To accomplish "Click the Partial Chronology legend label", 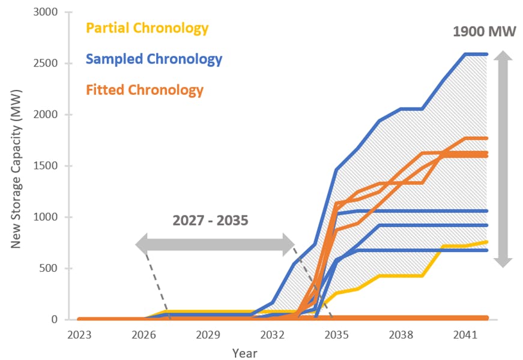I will point(147,28).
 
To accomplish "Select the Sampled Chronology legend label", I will point(154,59).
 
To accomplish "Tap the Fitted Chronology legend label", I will point(145,90).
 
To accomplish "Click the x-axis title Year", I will point(245,353).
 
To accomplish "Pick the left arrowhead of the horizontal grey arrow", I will point(142,244).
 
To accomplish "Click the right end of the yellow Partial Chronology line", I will point(486,242).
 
